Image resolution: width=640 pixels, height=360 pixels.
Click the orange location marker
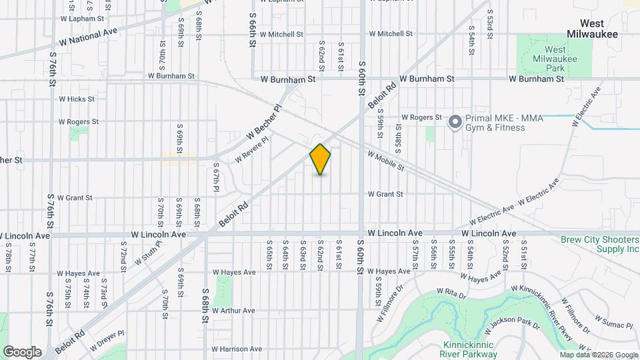point(320,159)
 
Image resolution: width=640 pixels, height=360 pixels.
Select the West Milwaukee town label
point(592,28)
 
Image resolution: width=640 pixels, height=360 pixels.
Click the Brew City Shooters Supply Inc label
point(599,244)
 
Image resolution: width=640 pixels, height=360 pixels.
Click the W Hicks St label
point(77,99)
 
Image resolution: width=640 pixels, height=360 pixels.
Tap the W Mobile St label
point(385,161)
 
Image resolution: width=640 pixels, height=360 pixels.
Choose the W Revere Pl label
point(251,150)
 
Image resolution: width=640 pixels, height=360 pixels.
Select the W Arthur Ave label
point(233,311)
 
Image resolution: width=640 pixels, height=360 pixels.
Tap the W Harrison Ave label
point(237,349)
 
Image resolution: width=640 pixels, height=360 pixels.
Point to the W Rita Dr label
point(449,292)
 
